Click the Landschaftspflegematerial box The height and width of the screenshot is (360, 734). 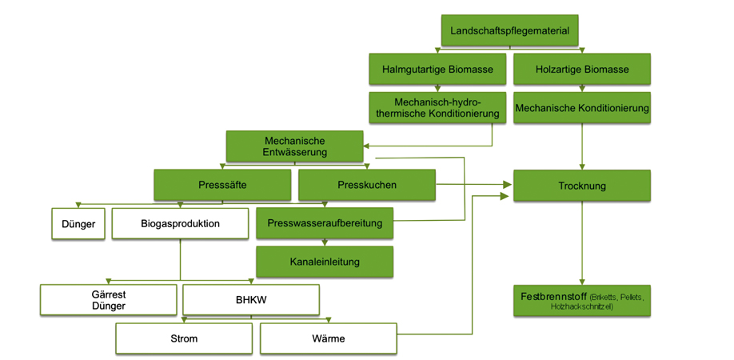click(x=509, y=31)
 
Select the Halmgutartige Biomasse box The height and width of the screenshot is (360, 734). click(x=437, y=69)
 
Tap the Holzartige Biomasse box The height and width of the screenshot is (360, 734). click(x=581, y=69)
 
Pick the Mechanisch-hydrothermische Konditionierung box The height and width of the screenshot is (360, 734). click(x=437, y=107)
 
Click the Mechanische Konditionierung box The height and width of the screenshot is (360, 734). click(x=581, y=107)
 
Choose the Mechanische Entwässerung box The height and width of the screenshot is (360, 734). click(x=295, y=146)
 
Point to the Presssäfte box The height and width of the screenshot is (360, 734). click(x=222, y=185)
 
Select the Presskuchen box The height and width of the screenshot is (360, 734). click(x=367, y=185)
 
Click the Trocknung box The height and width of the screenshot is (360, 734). click(x=581, y=186)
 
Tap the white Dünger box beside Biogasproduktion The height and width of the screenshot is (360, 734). click(x=78, y=224)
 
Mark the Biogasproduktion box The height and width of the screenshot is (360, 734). click(x=180, y=223)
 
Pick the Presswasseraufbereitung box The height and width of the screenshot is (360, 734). click(x=325, y=223)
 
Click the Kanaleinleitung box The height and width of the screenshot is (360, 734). click(x=325, y=262)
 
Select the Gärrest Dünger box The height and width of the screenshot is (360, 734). click(x=108, y=300)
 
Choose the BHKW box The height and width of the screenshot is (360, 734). click(x=251, y=300)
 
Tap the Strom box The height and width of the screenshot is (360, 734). click(x=184, y=338)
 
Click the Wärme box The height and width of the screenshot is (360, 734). click(x=328, y=338)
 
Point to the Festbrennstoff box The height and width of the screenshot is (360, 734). click(x=581, y=301)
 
